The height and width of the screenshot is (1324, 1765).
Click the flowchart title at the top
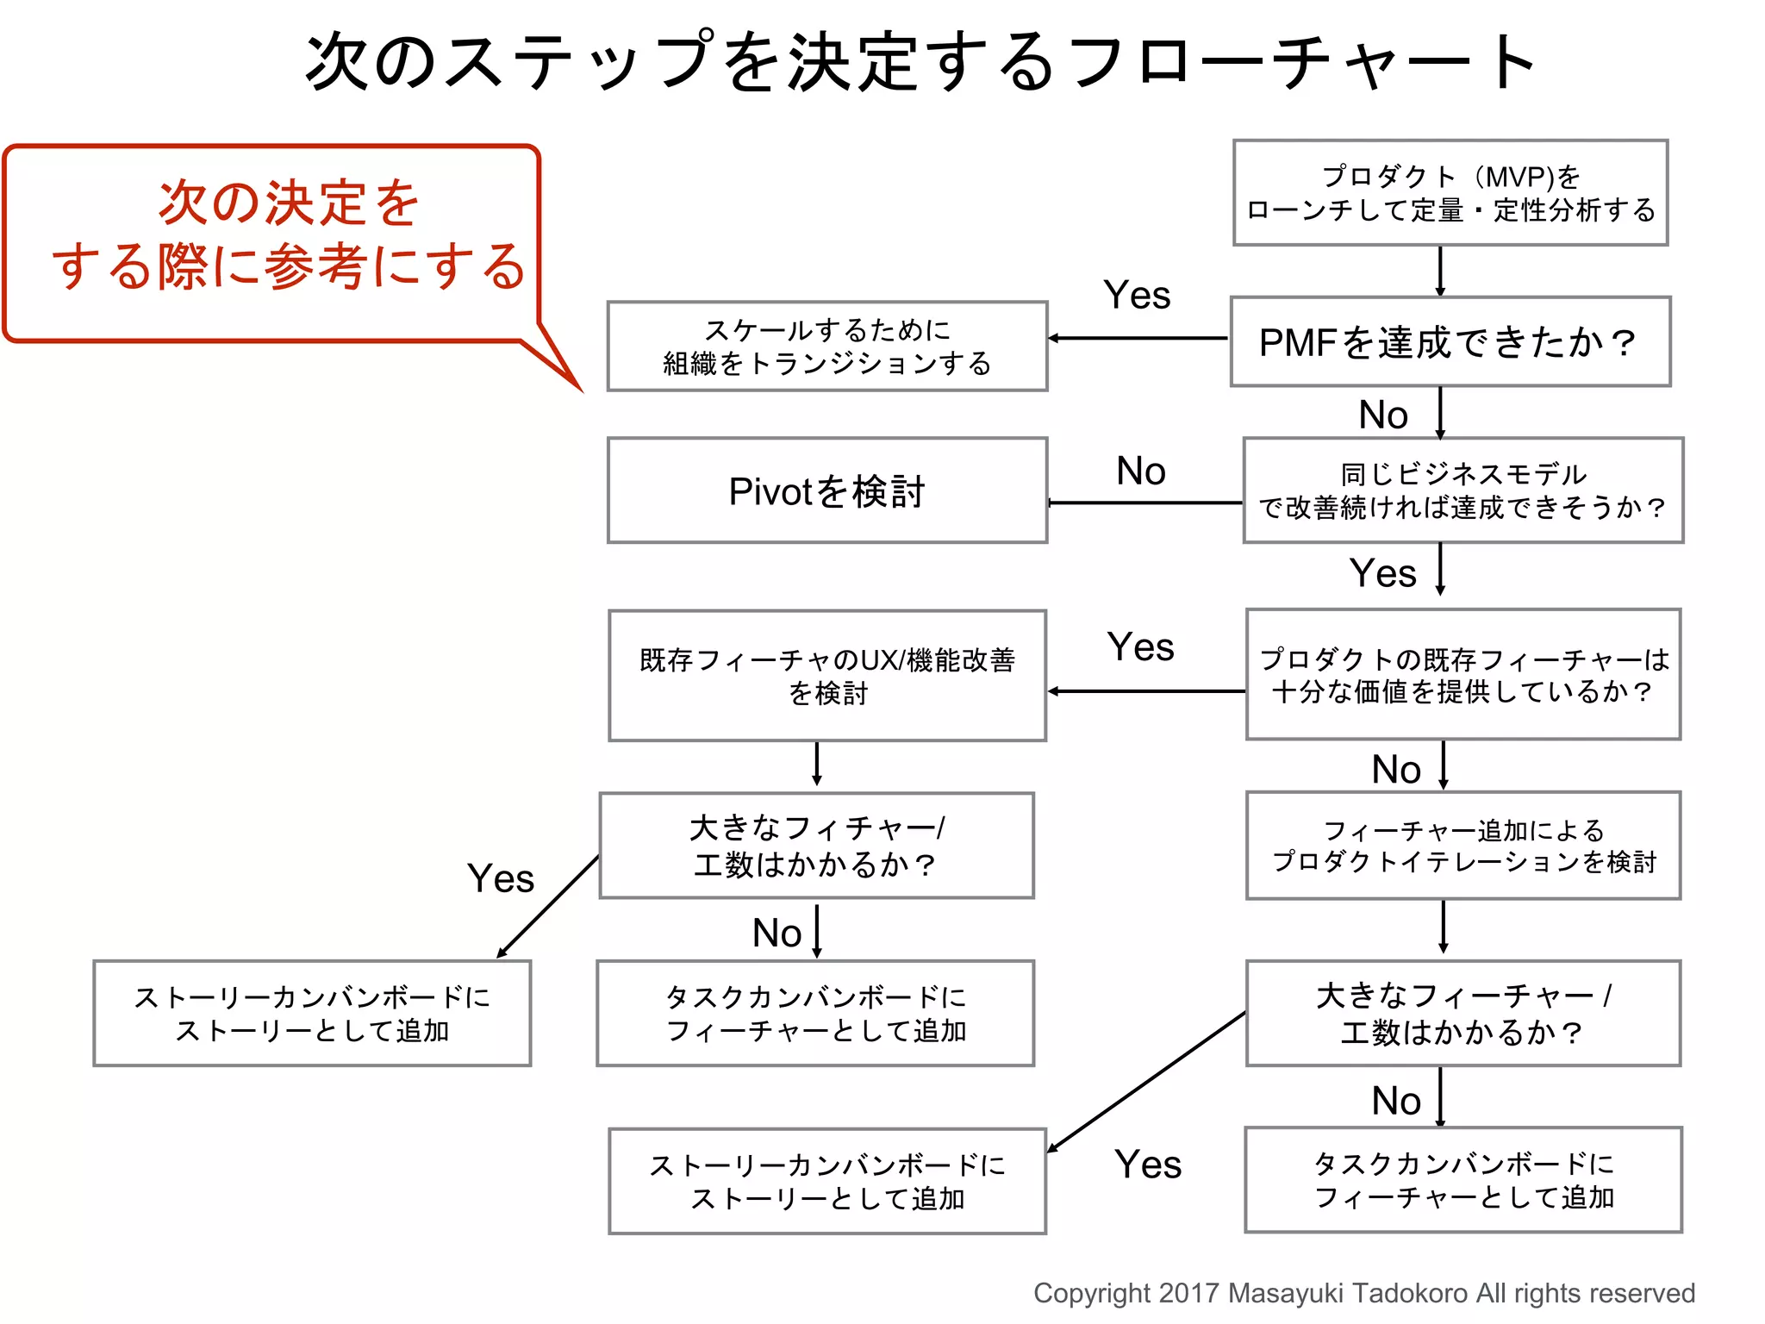(x=920, y=62)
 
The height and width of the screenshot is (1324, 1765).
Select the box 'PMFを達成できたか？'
(x=1450, y=342)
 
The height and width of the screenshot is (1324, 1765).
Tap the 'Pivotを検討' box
(x=826, y=490)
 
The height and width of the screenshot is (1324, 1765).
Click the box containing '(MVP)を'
(x=1450, y=193)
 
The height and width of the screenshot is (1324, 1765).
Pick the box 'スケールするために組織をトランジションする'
(x=826, y=347)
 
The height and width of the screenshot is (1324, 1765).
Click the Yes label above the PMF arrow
(x=1137, y=296)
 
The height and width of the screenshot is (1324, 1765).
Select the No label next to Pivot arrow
(x=1140, y=471)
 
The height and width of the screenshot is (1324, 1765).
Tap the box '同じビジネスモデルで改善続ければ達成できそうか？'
(x=1463, y=490)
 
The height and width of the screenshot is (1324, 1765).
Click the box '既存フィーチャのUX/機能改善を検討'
(x=826, y=676)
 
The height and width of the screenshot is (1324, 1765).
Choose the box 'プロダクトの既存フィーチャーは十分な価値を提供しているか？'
(x=1463, y=675)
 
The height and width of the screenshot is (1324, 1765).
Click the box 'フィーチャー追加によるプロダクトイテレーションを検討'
(x=1463, y=846)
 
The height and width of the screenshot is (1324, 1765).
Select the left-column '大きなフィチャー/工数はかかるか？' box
(x=816, y=846)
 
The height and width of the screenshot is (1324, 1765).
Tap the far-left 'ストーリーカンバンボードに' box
(x=312, y=1014)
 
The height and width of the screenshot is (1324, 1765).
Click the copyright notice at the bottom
(x=1363, y=1293)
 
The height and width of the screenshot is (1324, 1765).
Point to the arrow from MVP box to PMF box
(x=1440, y=272)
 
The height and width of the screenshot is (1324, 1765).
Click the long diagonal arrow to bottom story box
(x=1146, y=1082)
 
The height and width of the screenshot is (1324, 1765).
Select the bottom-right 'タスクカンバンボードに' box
(x=1463, y=1180)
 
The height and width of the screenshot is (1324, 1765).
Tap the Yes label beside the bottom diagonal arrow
(x=1147, y=1165)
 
